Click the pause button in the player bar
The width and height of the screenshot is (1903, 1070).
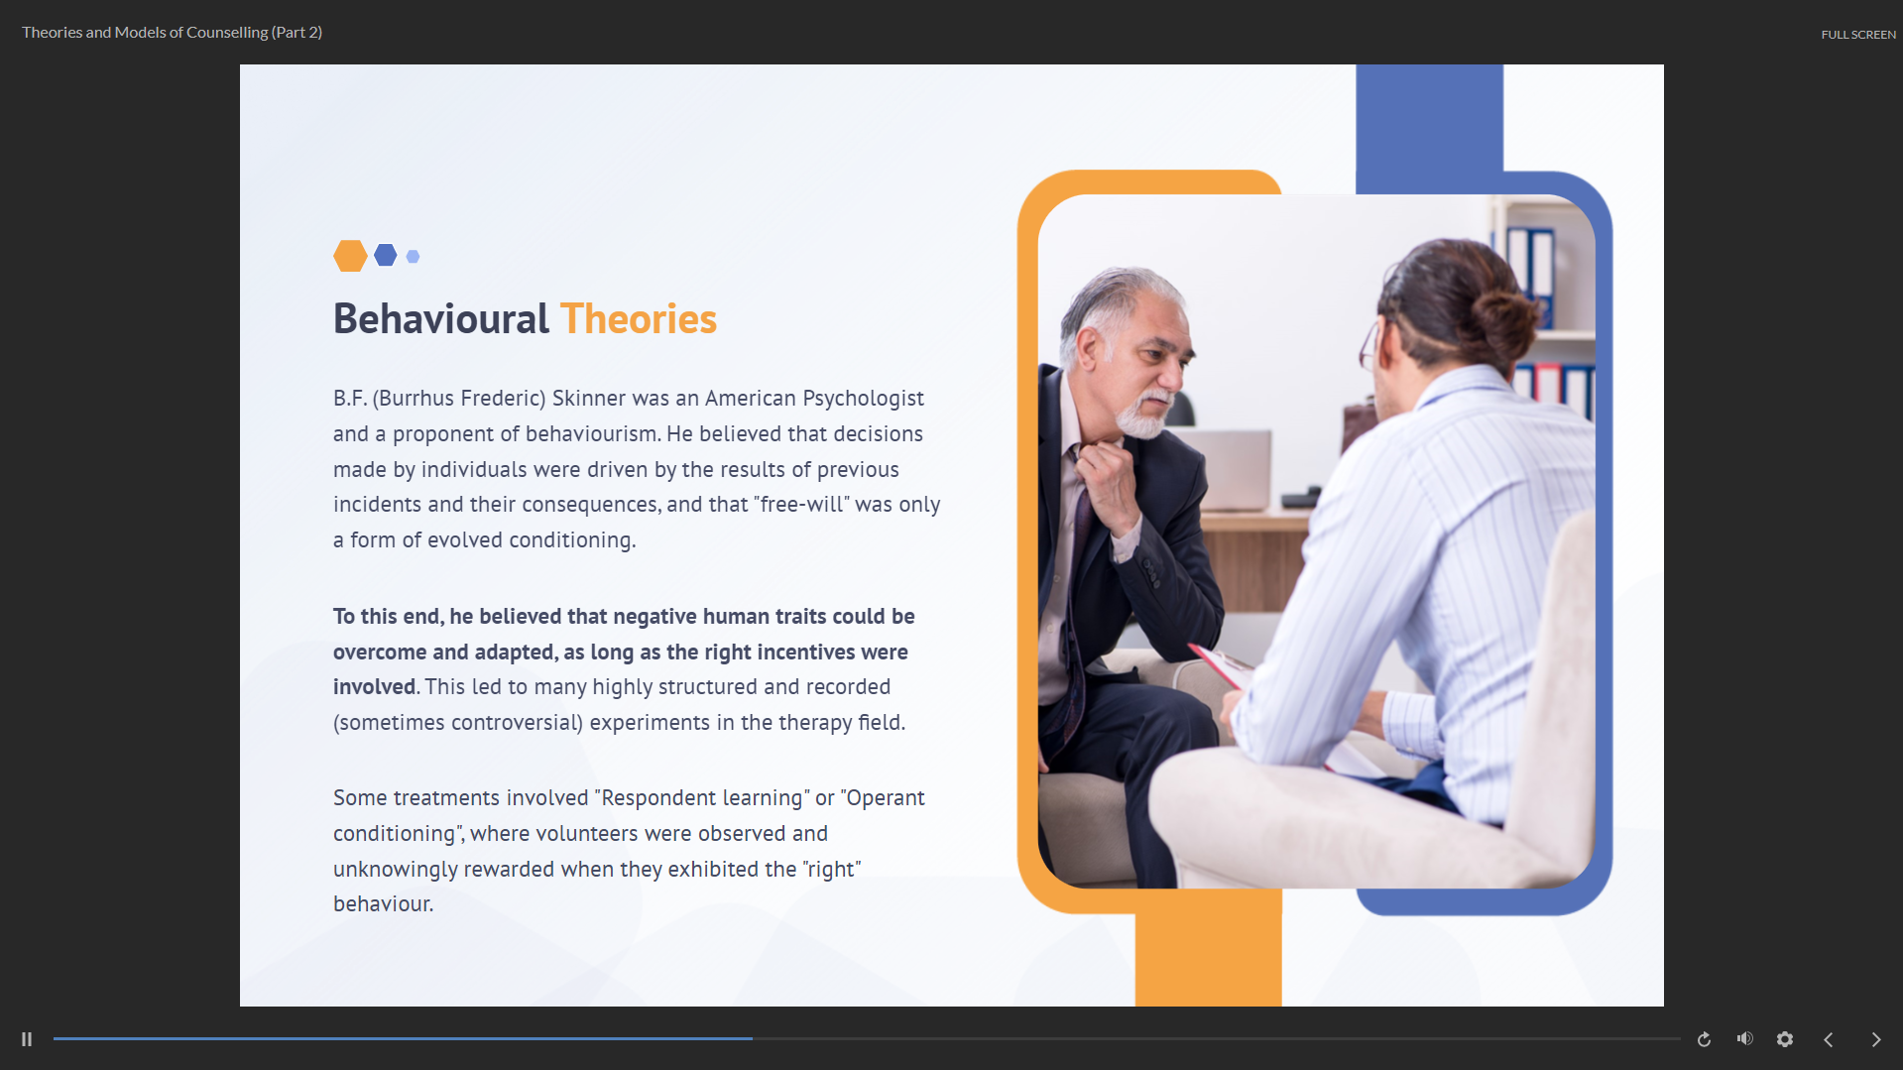[x=27, y=1039]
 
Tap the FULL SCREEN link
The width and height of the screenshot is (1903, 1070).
[x=1858, y=35]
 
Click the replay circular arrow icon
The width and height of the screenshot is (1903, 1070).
[x=1704, y=1039]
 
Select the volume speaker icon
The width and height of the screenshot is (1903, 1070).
[x=1745, y=1038]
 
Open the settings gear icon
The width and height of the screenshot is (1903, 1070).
[x=1785, y=1039]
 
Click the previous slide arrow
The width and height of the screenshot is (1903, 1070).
[x=1829, y=1039]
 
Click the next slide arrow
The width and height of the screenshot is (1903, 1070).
[x=1876, y=1039]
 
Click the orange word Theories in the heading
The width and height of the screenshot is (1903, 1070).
[x=639, y=319]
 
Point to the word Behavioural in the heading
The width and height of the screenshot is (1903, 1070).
[x=440, y=319]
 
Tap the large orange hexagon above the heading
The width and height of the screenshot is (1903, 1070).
[x=350, y=256]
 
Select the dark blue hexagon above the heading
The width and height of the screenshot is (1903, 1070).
[x=386, y=256]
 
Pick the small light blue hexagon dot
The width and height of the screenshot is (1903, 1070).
[x=414, y=257]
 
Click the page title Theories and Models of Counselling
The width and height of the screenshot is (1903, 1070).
[x=145, y=33]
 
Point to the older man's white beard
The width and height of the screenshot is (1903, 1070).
[x=1144, y=416]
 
